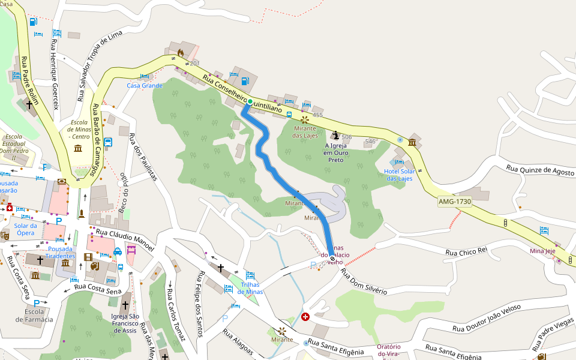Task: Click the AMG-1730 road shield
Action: pyautogui.click(x=455, y=202)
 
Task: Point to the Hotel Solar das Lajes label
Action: pyautogui.click(x=400, y=175)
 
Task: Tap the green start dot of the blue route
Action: pyautogui.click(x=250, y=101)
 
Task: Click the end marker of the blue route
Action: pyautogui.click(x=332, y=258)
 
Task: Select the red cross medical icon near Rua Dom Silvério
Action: pyautogui.click(x=306, y=316)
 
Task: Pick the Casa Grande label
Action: pyautogui.click(x=144, y=86)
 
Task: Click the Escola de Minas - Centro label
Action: pyautogui.click(x=79, y=128)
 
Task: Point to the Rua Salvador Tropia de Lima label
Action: pyautogui.click(x=99, y=65)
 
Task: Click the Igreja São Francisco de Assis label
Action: pyautogui.click(x=125, y=323)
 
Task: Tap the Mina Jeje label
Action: pyautogui.click(x=542, y=250)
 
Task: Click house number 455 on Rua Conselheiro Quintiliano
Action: pyautogui.click(x=317, y=115)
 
